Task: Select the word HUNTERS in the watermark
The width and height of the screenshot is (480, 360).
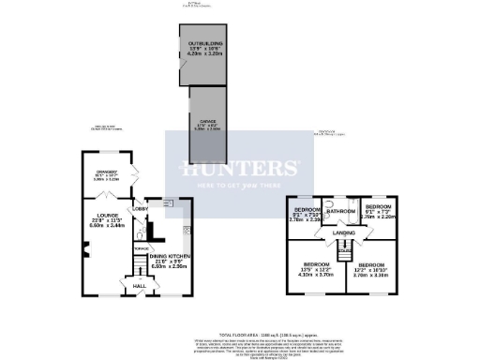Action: pos(240,170)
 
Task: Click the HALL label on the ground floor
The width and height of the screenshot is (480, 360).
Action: pos(137,285)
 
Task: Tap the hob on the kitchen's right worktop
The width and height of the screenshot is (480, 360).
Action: pos(186,230)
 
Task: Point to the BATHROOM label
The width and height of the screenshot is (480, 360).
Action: pos(339,212)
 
